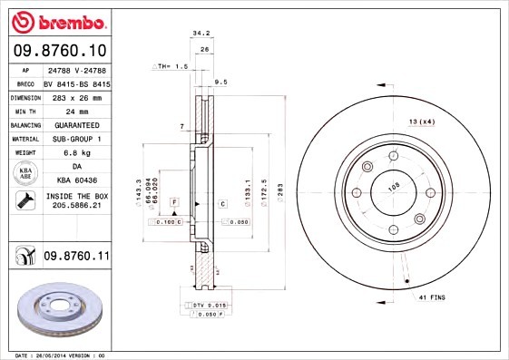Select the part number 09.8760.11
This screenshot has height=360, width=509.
76,257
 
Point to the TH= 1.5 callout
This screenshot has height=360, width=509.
172,66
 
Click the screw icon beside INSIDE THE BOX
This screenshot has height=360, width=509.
21,201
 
